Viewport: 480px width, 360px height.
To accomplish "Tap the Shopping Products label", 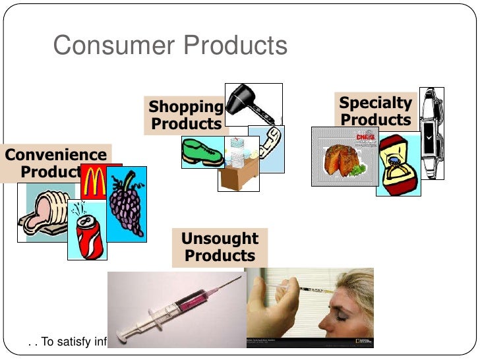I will [186, 115].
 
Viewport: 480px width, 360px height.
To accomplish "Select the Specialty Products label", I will [376, 111].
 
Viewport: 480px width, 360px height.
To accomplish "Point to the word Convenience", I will [57, 155].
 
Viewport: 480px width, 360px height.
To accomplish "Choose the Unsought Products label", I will [220, 247].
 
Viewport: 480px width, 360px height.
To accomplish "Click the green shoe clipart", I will [202, 152].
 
